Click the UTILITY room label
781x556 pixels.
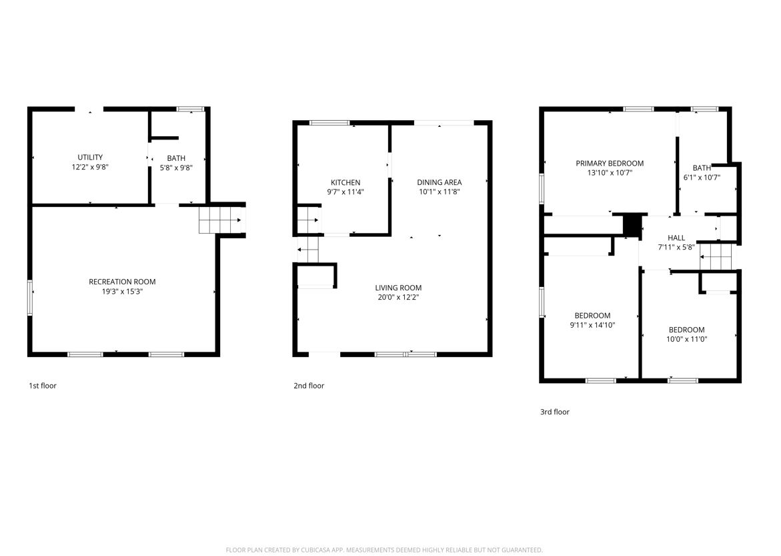tap(90, 157)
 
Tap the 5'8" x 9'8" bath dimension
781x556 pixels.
tap(176, 168)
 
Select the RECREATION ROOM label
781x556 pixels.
tap(122, 282)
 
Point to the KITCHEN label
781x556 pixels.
tap(345, 182)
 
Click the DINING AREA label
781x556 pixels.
tap(440, 182)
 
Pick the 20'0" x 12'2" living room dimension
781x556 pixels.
tap(398, 297)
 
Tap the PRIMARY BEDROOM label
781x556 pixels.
tap(610, 164)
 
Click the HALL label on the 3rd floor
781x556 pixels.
tap(676, 238)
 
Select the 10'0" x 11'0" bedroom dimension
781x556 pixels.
tap(687, 339)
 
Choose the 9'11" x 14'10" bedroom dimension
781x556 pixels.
tap(593, 325)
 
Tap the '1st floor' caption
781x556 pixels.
tap(42, 385)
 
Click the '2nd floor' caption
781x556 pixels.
tap(309, 385)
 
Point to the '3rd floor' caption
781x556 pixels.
tap(555, 412)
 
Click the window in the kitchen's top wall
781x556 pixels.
tap(329, 123)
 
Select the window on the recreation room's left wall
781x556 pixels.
tap(30, 298)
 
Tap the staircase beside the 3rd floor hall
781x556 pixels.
tap(717, 256)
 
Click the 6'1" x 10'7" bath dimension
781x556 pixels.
tap(702, 178)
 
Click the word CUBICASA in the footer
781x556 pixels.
tap(317, 550)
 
